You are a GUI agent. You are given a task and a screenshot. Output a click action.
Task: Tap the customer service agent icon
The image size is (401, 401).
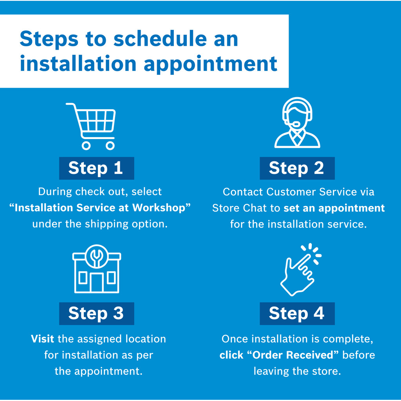pyautogui.click(x=297, y=123)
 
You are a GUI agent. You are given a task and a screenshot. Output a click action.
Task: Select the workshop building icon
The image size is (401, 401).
pyautogui.click(x=97, y=269)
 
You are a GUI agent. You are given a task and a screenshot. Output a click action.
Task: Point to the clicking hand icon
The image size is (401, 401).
pyautogui.click(x=300, y=269)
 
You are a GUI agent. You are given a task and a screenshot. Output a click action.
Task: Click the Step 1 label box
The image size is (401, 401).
pyautogui.click(x=97, y=168)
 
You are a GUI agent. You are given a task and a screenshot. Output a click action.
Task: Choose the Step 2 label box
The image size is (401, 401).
pyautogui.click(x=297, y=168)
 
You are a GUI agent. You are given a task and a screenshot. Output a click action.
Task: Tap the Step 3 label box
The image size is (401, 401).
pyautogui.click(x=97, y=314)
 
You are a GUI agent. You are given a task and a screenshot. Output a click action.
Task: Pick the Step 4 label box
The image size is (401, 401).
pyautogui.click(x=297, y=314)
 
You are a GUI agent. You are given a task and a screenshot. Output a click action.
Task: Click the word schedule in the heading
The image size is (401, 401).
pyautogui.click(x=160, y=39)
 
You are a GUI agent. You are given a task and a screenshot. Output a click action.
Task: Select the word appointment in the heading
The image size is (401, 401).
pyautogui.click(x=210, y=64)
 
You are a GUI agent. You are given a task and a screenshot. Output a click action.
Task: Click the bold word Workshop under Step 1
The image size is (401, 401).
pyautogui.click(x=159, y=208)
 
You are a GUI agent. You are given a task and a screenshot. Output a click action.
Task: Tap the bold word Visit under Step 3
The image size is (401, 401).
pyautogui.click(x=42, y=339)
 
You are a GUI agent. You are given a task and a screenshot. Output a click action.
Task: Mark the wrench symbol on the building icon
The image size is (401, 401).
pyautogui.click(x=97, y=256)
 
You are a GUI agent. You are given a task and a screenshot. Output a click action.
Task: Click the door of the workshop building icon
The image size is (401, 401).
pyautogui.click(x=97, y=282)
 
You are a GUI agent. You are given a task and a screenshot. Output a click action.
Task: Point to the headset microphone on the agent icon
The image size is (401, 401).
pyautogui.click(x=296, y=124)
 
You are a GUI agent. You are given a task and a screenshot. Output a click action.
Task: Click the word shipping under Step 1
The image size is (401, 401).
pyautogui.click(x=107, y=224)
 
